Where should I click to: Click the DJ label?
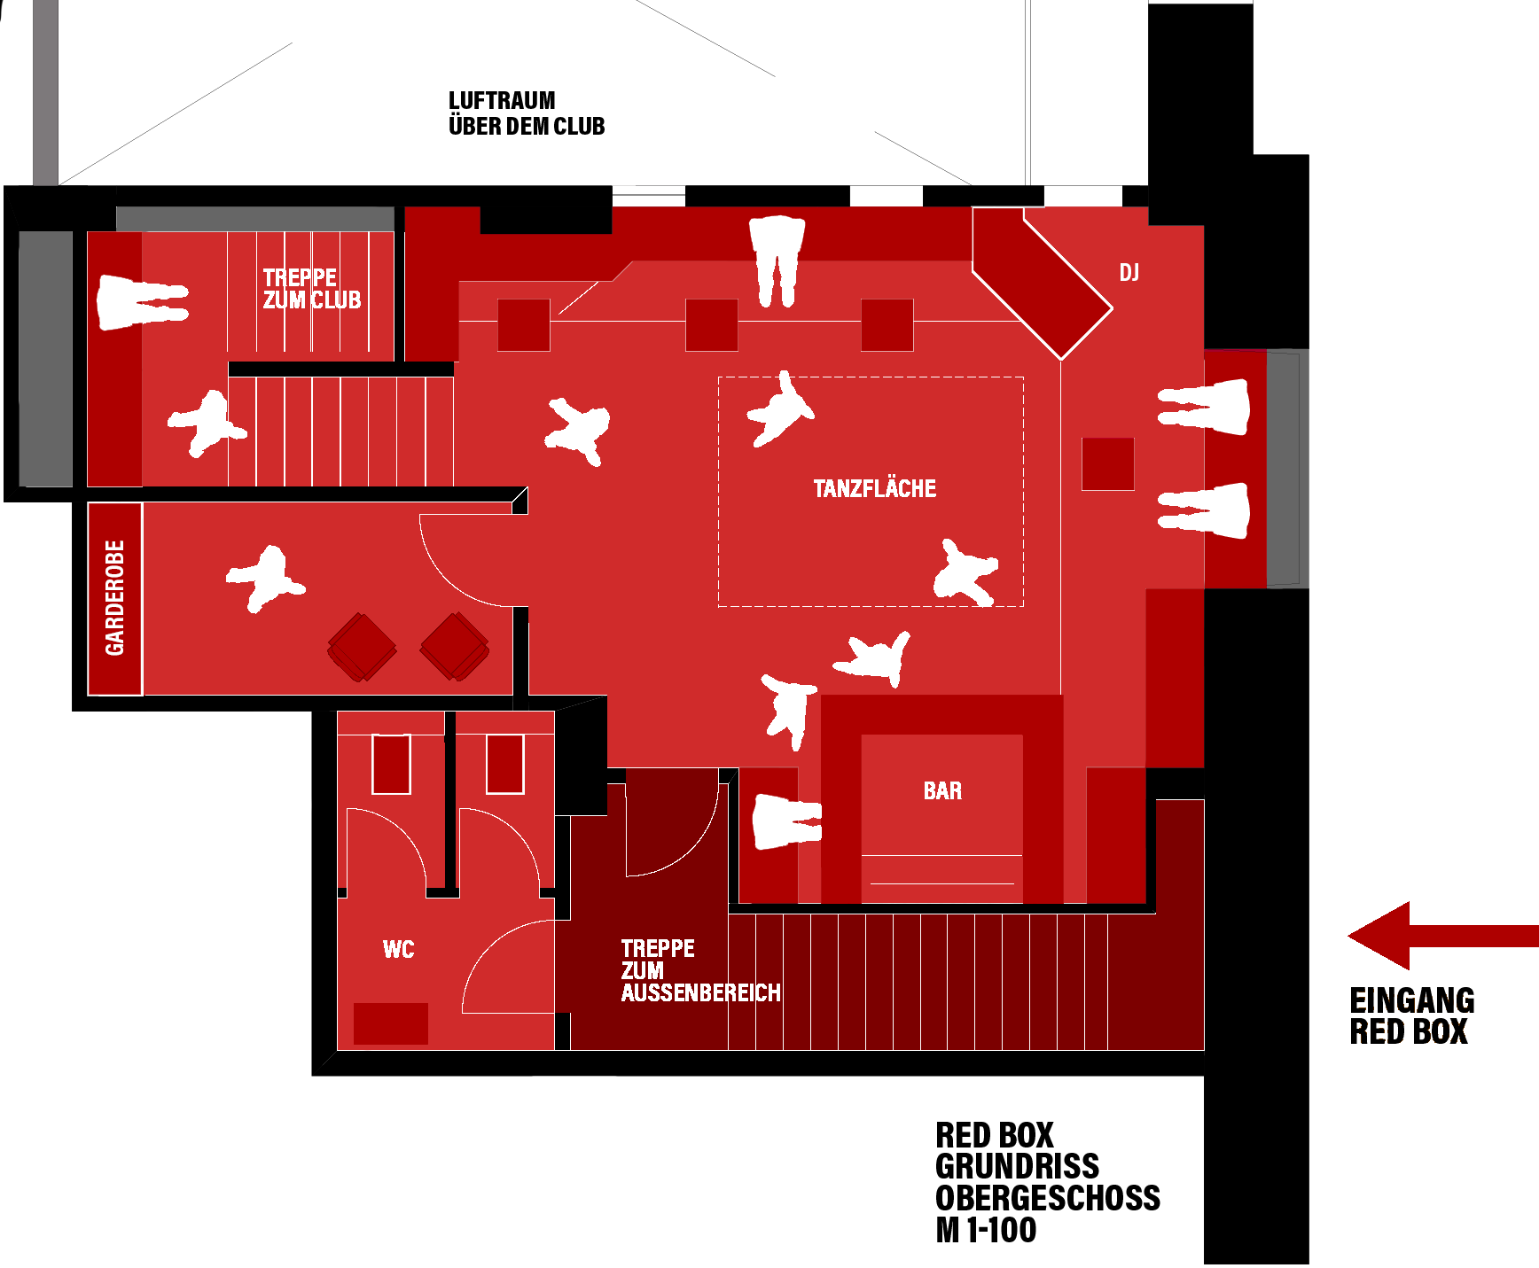[1129, 273]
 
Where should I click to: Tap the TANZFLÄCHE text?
[875, 488]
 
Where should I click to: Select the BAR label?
[942, 790]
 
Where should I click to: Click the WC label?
[398, 950]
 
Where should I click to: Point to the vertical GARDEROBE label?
[115, 598]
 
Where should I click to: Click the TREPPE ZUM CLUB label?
[312, 289]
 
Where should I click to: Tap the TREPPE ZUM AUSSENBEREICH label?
[700, 970]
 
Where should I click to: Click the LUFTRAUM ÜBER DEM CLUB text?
[527, 113]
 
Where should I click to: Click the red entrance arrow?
[1443, 936]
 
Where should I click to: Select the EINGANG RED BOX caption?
[1412, 1016]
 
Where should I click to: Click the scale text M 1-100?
[986, 1230]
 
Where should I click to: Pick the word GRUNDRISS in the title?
[1018, 1166]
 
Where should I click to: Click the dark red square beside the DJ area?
[1107, 463]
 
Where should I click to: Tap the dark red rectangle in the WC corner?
[391, 1023]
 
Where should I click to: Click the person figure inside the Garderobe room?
[265, 579]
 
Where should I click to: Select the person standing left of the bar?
[786, 821]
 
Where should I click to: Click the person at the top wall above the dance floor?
[777, 261]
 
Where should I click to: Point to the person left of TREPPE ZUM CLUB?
[142, 302]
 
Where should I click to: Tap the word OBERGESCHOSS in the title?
[1048, 1198]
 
